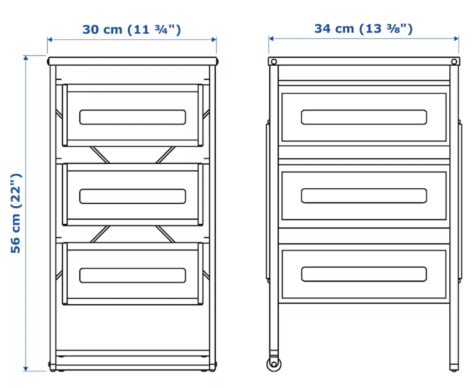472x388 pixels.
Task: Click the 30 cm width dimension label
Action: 132,30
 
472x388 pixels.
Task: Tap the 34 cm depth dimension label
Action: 364,29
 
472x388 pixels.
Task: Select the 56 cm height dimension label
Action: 16,213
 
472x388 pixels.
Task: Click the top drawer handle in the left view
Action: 133,117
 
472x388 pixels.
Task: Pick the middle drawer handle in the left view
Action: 133,197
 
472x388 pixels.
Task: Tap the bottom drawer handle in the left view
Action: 133,275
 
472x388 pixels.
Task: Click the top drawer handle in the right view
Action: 364,117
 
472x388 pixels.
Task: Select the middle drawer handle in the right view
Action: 364,196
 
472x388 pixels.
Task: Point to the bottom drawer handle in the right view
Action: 364,274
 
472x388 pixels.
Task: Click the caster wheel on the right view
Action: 274,364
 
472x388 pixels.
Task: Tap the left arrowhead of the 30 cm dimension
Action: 50,39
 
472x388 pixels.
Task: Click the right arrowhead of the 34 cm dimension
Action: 456,39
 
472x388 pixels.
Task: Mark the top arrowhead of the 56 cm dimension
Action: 26,58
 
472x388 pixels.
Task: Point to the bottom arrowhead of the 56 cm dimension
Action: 26,368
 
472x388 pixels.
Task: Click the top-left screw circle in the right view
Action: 274,62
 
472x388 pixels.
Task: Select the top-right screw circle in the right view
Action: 454,62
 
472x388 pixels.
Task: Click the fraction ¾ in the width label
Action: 161,29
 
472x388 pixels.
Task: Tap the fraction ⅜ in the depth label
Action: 394,28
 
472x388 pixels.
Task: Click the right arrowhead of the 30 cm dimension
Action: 214,39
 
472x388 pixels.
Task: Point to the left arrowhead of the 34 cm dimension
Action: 271,39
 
